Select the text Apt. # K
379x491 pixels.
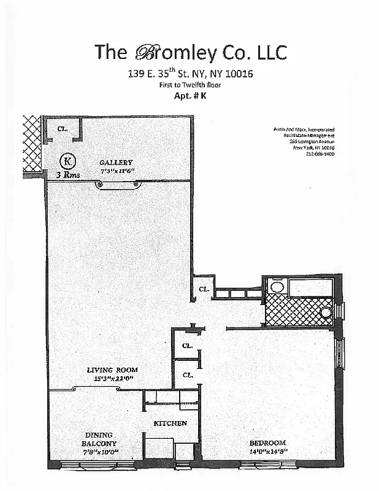[x=189, y=96]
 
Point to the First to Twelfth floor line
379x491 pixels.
[x=189, y=85]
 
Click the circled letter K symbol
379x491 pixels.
[x=68, y=161]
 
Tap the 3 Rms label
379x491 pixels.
[x=68, y=174]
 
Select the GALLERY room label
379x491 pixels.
[x=117, y=163]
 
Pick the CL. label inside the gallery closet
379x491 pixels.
[x=62, y=129]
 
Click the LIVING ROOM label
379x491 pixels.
[x=112, y=370]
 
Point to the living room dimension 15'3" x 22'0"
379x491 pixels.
[x=112, y=378]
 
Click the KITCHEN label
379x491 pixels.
[x=170, y=423]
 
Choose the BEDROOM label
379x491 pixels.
[x=267, y=443]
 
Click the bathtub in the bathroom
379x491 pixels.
[x=310, y=287]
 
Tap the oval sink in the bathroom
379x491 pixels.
[x=277, y=287]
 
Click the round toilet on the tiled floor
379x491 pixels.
[x=326, y=312]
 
